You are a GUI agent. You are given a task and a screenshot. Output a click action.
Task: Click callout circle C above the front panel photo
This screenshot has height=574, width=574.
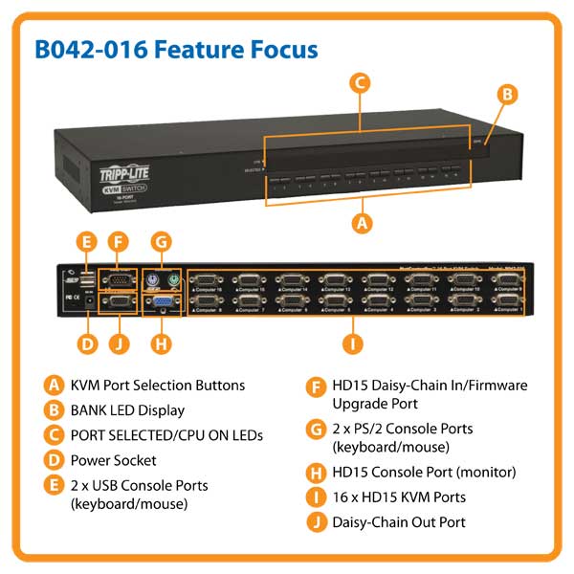361,83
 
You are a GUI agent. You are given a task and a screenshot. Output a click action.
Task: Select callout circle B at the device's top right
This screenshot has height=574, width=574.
509,94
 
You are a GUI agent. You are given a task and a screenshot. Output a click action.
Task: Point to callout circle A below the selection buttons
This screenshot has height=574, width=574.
361,223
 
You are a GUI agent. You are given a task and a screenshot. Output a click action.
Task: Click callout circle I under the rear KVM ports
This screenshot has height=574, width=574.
353,342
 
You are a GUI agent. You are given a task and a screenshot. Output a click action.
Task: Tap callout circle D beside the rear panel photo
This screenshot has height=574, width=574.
87,342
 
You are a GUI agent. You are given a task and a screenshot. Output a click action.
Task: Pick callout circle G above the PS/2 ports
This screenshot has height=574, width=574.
162,241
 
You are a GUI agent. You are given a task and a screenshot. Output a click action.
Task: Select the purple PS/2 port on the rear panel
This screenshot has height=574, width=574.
151,280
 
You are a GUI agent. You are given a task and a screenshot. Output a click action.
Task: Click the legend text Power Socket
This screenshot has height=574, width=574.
113,460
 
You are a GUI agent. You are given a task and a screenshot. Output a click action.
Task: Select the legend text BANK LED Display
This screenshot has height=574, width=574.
126,410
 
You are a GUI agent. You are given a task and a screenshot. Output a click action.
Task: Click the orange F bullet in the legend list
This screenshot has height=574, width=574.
315,386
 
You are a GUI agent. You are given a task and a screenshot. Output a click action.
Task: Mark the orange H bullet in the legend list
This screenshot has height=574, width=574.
315,472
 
